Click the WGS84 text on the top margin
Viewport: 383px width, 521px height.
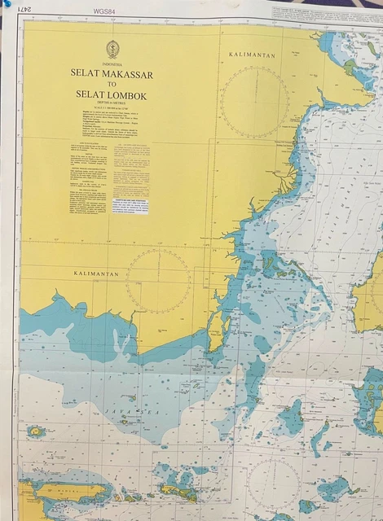[104, 11]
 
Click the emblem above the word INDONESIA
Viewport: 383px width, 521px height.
[112, 49]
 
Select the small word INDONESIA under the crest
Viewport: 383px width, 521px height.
[112, 63]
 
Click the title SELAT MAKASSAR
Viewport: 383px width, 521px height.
[112, 74]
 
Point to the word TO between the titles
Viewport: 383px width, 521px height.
[112, 85]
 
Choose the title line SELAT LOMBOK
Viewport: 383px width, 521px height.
[112, 94]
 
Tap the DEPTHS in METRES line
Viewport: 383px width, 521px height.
[112, 103]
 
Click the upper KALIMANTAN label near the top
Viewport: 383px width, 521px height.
[252, 55]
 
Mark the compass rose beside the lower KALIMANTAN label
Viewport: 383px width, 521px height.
[159, 281]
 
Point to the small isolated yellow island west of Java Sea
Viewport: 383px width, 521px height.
[36, 431]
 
